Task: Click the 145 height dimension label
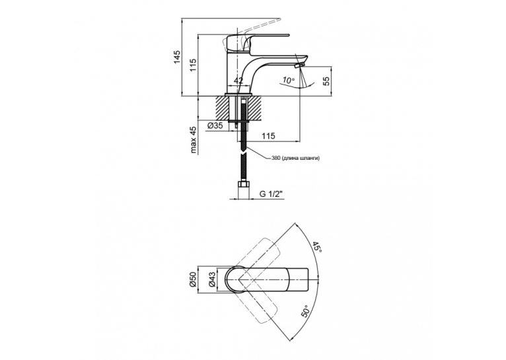click(177, 57)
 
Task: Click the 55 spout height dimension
click(326, 81)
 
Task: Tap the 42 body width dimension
click(238, 81)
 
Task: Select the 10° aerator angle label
click(288, 80)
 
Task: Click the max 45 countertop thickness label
click(193, 139)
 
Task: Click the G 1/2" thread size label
click(271, 194)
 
